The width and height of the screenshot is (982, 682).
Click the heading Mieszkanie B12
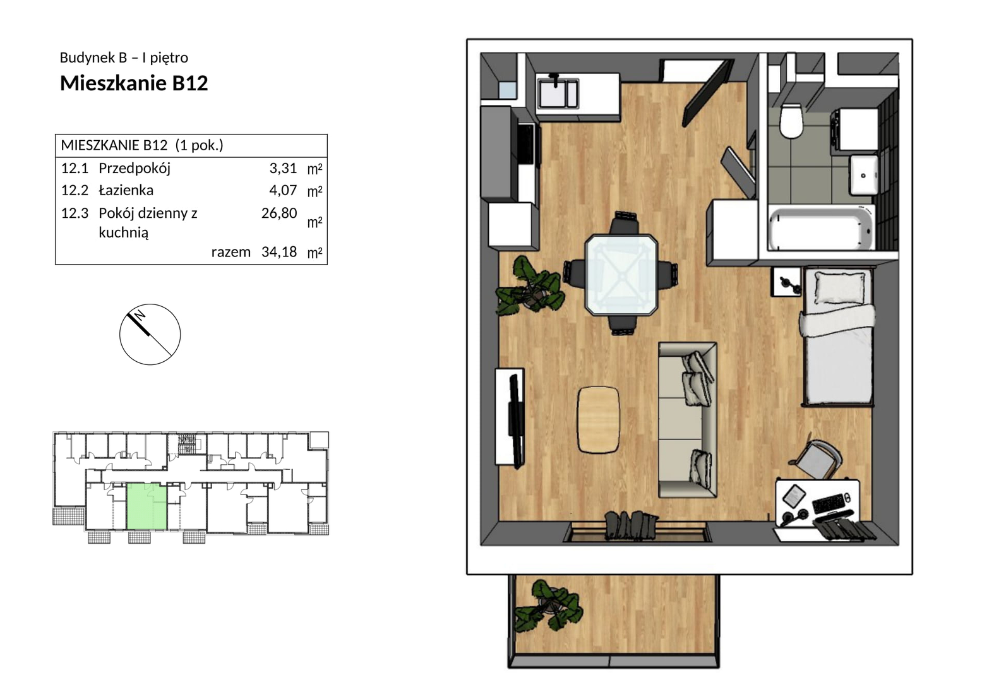134,83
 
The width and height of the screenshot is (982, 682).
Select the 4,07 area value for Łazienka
283,190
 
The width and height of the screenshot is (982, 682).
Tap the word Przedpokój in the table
135,169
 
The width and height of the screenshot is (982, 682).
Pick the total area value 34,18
279,252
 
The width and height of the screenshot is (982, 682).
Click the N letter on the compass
140,316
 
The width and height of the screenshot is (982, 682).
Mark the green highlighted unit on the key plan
147,506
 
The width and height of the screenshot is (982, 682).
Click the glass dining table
621,275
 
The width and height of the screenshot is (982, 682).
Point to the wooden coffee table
599,419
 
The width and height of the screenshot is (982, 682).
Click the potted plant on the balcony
549,607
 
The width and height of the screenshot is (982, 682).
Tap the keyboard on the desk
829,504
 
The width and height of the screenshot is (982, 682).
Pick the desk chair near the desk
818,460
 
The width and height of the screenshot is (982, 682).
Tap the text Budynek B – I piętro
124,57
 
